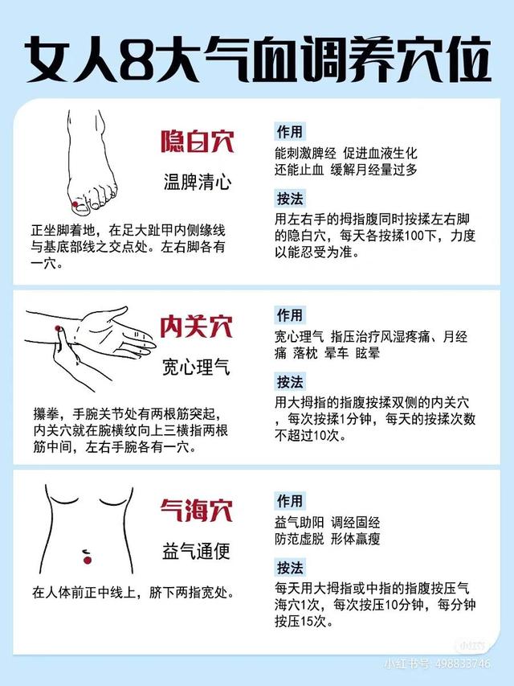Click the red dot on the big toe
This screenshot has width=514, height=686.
[75, 204]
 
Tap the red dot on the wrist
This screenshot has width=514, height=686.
[57, 328]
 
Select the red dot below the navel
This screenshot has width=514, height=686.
[88, 560]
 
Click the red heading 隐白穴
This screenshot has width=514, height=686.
[197, 142]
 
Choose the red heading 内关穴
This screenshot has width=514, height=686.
[196, 327]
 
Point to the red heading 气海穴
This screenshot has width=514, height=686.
[196, 510]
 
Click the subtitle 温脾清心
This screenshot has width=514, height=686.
[197, 182]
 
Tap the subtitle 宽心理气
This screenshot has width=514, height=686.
[196, 367]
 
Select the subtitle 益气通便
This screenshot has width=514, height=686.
[196, 551]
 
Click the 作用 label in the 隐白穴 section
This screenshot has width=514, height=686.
[289, 131]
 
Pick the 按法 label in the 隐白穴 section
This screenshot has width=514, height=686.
[289, 199]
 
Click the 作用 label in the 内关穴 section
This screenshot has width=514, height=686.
[289, 314]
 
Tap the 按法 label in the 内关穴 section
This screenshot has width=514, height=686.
[289, 382]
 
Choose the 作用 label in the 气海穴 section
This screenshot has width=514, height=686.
[289, 500]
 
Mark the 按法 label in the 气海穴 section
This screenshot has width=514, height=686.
[289, 568]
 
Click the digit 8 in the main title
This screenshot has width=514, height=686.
[137, 60]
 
